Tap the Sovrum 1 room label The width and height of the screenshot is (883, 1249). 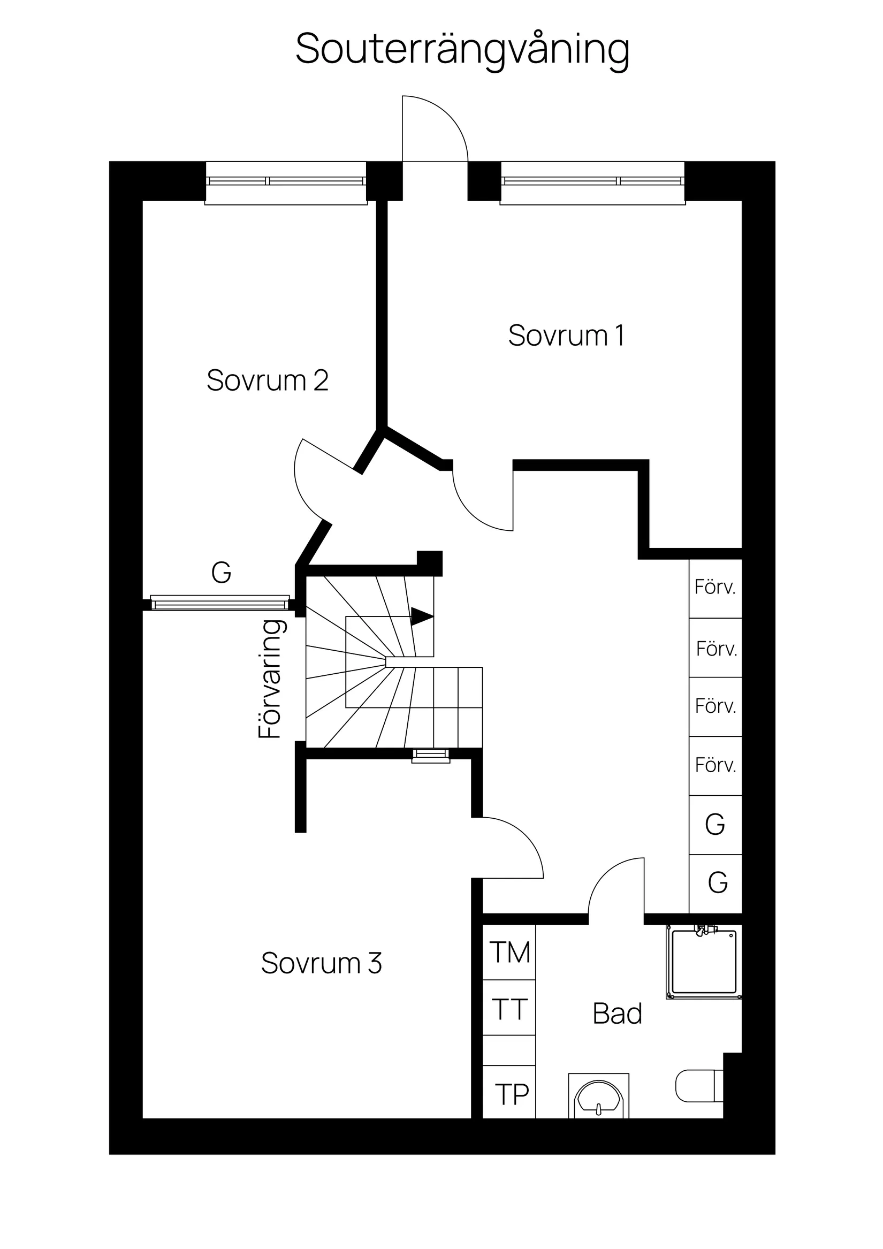click(566, 336)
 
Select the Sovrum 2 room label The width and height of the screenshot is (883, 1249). click(267, 380)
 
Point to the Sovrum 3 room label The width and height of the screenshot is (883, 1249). click(321, 963)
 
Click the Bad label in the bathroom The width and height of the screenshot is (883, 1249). click(617, 1014)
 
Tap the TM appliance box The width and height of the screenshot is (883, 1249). click(509, 953)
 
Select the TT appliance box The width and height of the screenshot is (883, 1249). click(509, 1009)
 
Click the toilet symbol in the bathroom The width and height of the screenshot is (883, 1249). click(699, 1086)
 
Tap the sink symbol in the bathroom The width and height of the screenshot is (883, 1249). click(598, 1096)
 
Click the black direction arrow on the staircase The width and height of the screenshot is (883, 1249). click(422, 616)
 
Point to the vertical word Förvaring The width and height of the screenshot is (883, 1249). click(270, 680)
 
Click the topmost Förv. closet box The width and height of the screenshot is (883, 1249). click(715, 588)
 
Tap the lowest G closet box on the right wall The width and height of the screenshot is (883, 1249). click(717, 883)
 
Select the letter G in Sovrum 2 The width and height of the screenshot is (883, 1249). click(222, 572)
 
